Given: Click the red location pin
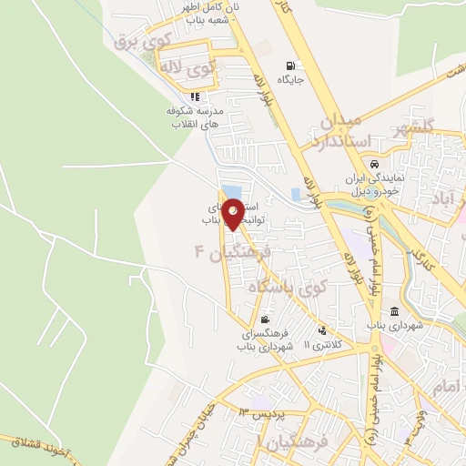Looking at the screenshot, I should click(x=234, y=213).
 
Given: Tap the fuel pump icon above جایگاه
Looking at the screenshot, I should click(x=290, y=66).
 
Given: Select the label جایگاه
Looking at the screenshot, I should click(x=290, y=79).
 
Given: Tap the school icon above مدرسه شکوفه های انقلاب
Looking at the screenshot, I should click(x=195, y=96).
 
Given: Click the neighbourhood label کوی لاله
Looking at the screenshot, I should click(x=187, y=66).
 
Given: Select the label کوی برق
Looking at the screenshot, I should click(x=136, y=40).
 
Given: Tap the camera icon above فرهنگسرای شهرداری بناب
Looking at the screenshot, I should click(x=265, y=319).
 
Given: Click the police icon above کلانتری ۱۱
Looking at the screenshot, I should click(x=321, y=330).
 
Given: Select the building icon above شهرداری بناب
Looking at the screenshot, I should click(x=394, y=311).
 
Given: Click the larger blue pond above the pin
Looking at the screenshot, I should click(x=232, y=192).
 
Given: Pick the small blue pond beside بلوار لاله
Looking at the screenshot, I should click(x=295, y=195).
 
